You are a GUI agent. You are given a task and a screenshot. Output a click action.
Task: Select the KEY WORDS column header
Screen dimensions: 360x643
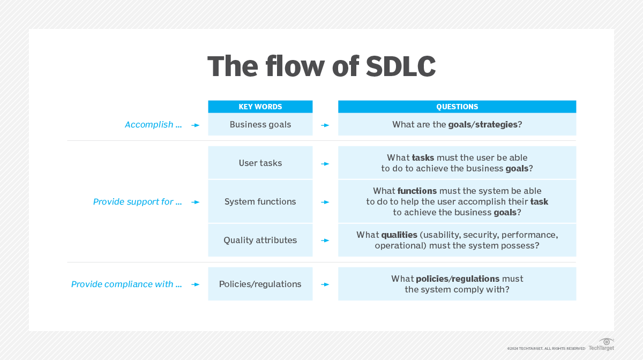tap(260, 107)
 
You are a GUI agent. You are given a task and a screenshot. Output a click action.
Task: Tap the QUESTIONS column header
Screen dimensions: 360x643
tap(457, 107)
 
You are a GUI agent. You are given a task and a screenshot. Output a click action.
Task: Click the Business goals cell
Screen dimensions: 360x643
tap(260, 125)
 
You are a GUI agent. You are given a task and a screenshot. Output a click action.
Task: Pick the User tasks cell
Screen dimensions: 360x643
tap(260, 163)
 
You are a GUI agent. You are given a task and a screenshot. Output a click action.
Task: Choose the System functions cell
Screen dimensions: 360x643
tap(260, 202)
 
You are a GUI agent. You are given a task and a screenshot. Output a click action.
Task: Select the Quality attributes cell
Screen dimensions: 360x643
tap(260, 241)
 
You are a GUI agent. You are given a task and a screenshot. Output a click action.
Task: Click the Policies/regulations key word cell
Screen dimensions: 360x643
tap(260, 284)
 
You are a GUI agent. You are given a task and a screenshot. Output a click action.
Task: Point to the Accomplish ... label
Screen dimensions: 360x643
tap(153, 125)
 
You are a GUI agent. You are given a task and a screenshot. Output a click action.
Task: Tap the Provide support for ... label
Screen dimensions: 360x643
tap(137, 202)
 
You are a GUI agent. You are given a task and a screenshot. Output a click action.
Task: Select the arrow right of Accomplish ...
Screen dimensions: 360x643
tap(196, 125)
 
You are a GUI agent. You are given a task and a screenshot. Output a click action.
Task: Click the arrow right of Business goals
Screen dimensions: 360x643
tap(325, 125)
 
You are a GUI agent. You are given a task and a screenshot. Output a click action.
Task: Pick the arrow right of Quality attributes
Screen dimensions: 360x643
tap(325, 241)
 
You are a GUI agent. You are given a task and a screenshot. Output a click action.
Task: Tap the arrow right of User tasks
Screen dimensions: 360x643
tap(325, 163)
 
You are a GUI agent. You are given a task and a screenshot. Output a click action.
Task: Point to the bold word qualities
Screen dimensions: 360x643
tap(399, 235)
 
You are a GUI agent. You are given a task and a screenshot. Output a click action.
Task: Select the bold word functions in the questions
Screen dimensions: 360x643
tap(417, 191)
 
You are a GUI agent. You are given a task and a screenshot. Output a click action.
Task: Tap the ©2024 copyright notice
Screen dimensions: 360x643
tap(546, 349)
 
